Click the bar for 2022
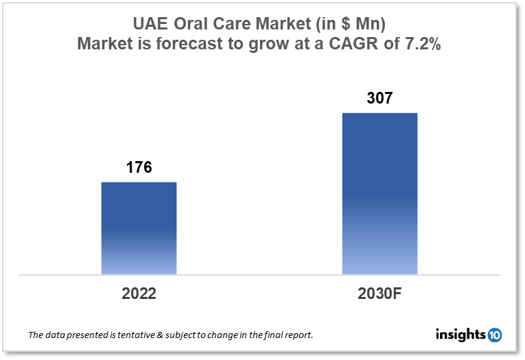[139, 228]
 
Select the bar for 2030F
[380, 193]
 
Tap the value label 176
[139, 167]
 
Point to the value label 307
[380, 98]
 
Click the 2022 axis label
[139, 293]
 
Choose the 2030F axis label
[380, 293]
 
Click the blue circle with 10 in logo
[495, 335]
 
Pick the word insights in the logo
[460, 335]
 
